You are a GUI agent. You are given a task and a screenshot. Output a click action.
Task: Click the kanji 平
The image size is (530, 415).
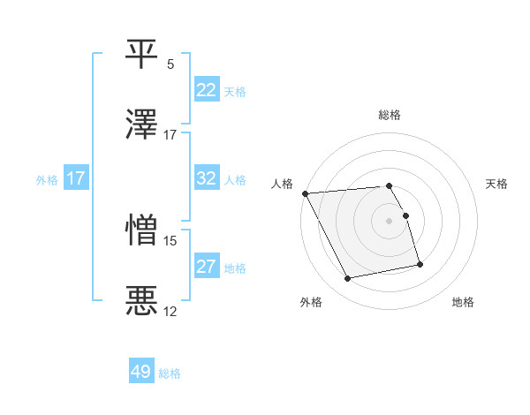(142, 54)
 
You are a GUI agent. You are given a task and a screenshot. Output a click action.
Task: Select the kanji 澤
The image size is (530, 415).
(142, 125)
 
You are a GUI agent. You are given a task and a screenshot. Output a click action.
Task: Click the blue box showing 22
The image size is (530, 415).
(207, 90)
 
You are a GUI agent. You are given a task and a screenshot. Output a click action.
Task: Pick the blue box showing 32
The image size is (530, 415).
(207, 178)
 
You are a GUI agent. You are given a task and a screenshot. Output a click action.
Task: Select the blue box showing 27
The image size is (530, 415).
(207, 267)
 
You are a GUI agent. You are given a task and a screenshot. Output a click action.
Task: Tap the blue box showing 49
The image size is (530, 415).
(141, 372)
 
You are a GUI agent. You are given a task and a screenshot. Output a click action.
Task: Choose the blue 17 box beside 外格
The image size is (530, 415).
(76, 178)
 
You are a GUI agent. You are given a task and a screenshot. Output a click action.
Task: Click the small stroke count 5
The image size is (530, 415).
(170, 64)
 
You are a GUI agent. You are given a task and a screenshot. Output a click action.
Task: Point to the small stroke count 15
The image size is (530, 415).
(170, 239)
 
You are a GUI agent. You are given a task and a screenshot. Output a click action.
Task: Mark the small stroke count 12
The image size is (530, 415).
(170, 311)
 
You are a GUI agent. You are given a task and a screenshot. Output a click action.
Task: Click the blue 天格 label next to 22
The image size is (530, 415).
(235, 91)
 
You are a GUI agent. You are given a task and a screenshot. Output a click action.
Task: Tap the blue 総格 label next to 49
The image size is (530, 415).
(170, 373)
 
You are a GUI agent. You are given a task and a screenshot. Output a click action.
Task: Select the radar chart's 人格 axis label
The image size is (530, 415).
(281, 184)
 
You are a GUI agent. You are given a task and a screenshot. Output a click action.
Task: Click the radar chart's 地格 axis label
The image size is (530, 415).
(463, 303)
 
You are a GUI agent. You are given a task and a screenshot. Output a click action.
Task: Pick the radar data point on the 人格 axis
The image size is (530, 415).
(305, 193)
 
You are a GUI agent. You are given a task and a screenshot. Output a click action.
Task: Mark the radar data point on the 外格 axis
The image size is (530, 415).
(348, 279)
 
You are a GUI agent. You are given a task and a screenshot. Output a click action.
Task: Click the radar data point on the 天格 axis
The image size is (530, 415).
(405, 215)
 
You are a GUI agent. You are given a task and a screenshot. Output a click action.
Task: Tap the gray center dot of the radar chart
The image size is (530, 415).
(390, 221)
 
